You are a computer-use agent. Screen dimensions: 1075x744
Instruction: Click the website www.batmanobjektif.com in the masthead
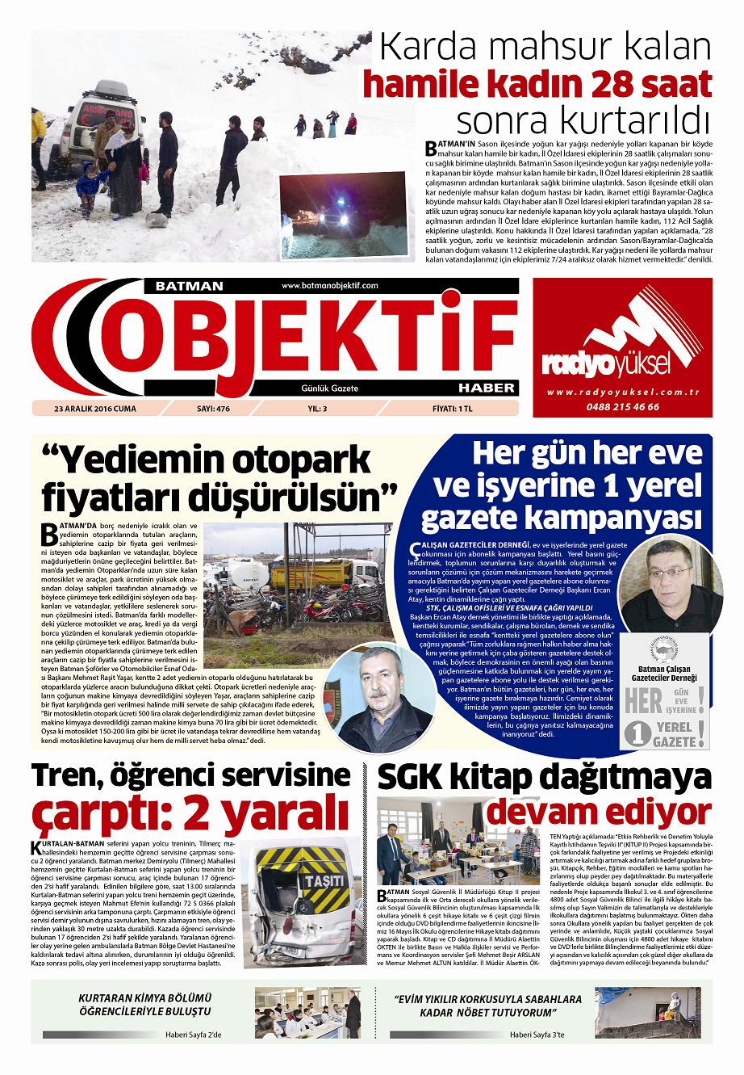coord(330,286)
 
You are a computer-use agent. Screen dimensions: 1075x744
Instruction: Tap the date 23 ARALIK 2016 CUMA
coord(95,409)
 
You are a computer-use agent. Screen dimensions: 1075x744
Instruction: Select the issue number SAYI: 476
coord(214,409)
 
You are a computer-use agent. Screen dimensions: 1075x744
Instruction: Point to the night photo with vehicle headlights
coord(337,216)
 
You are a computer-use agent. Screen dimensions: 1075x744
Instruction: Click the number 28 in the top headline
coord(616,83)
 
